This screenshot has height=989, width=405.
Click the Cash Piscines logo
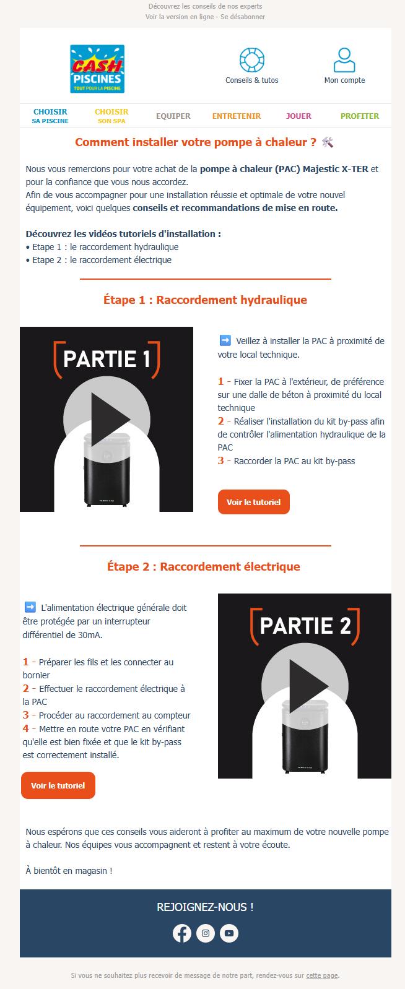coord(97,69)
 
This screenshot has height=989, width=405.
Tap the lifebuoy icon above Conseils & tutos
coord(252,60)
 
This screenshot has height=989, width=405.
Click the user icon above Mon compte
coord(344,60)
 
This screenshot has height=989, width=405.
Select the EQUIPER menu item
coord(173,116)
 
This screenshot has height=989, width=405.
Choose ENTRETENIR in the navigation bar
coord(237,116)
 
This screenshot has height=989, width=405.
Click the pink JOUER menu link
coord(298,116)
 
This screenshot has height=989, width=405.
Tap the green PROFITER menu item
coord(360,116)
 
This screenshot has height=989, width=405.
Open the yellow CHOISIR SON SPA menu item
coord(111,116)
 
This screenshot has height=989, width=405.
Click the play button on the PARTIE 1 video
coord(107,419)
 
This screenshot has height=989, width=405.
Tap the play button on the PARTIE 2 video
coord(305,686)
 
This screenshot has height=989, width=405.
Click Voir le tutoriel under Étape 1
coord(253,502)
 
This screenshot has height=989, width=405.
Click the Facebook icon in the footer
coord(182,933)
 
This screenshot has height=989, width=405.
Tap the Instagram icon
coord(206,933)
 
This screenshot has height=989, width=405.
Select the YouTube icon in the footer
coord(229,933)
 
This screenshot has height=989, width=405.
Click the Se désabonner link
coord(243,17)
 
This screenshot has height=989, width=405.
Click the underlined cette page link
coord(322,975)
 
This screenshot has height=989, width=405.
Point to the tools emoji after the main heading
coord(327,142)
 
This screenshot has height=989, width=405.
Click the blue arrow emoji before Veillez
coord(225,340)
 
